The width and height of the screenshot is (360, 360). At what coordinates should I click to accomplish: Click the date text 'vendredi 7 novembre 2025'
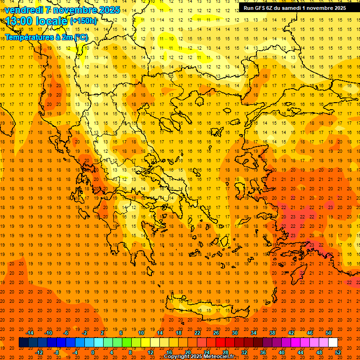tap(62, 10)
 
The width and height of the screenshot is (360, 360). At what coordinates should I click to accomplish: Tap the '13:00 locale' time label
tap(37, 21)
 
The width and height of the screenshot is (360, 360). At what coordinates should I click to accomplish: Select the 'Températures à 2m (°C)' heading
tap(46, 37)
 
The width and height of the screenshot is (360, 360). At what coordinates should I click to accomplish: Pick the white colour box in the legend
tap(333, 343)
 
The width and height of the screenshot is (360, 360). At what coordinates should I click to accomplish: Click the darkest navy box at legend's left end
tap(23, 343)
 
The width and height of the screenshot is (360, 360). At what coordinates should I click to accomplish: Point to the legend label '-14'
tap(30, 333)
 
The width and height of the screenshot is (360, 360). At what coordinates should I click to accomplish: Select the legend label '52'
tap(338, 352)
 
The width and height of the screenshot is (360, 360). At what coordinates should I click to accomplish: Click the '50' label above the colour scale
tap(329, 333)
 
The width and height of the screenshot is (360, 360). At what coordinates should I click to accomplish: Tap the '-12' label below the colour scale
tap(39, 352)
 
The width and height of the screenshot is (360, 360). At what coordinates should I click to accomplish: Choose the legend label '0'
tap(93, 352)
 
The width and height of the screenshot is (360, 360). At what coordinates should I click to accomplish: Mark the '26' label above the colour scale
tap(216, 333)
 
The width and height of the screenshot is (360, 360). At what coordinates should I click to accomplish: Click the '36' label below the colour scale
tap(263, 352)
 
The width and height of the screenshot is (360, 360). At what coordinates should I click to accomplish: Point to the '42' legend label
tap(291, 333)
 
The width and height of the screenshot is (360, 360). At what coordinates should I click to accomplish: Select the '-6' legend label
tap(66, 333)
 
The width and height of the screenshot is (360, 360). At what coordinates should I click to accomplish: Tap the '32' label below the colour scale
tap(244, 352)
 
